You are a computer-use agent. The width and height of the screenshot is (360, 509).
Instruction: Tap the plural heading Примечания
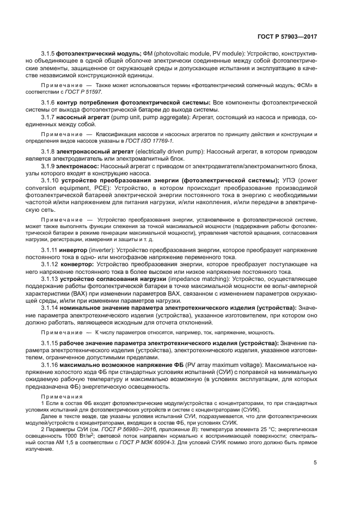pyautogui.click(x=60, y=396)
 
